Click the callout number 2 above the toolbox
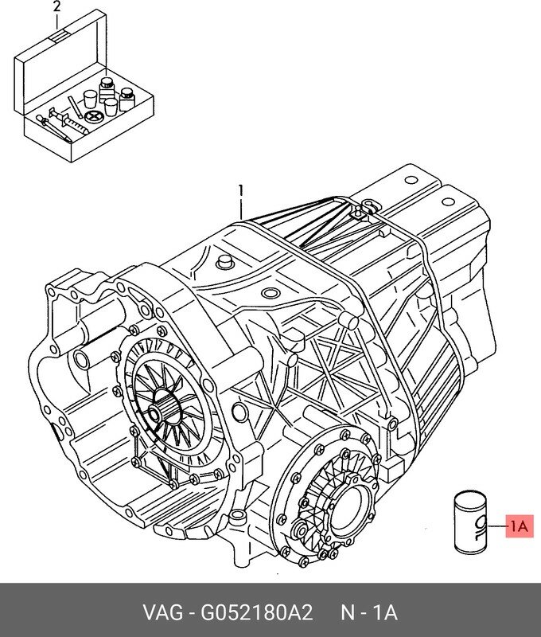pos(56,8)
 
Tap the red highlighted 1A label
pos(519,526)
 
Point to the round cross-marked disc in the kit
pos(94,116)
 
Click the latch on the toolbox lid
pos(58,36)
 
